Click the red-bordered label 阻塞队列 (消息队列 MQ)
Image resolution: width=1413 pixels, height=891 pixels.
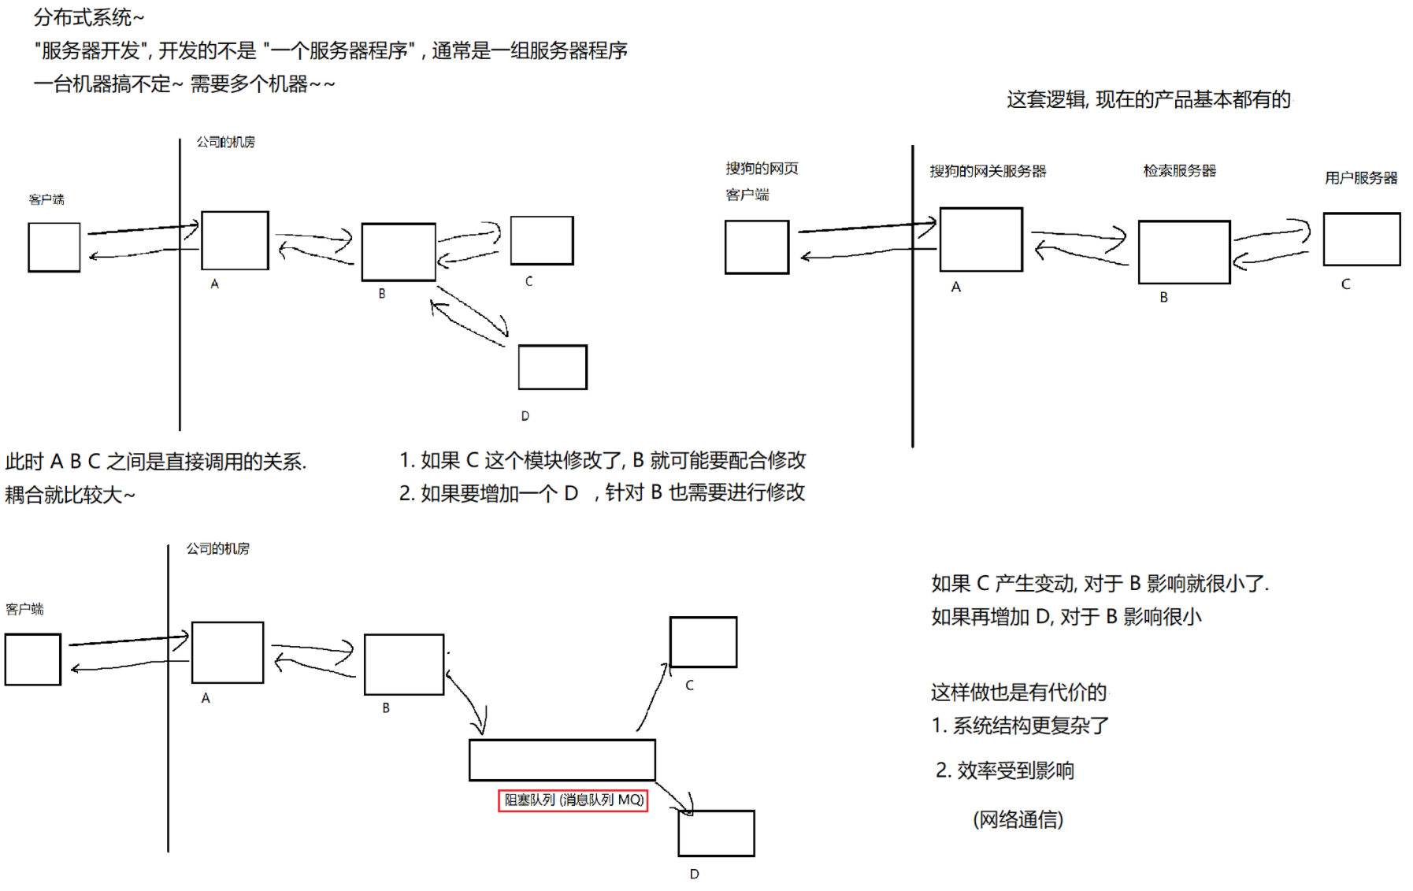click(x=573, y=800)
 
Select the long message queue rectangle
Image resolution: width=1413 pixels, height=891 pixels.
click(x=562, y=760)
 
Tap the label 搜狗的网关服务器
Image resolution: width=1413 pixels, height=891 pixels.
click(x=988, y=171)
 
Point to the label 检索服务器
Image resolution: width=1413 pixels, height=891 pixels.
click(x=1179, y=170)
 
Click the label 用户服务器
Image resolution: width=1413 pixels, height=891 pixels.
click(x=1360, y=178)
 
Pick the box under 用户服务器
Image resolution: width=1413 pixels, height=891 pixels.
click(x=1361, y=239)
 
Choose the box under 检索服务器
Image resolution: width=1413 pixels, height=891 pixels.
click(x=1184, y=252)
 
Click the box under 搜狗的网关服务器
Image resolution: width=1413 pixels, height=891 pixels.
click(x=981, y=239)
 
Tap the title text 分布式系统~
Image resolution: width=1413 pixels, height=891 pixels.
click(x=89, y=17)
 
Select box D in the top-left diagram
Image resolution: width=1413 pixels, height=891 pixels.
click(x=552, y=367)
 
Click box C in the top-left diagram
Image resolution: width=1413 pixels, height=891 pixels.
click(x=542, y=240)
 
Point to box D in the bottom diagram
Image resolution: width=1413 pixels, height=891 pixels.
click(x=716, y=833)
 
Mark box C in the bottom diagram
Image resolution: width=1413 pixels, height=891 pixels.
click(x=703, y=642)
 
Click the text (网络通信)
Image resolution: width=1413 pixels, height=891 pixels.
click(x=1018, y=819)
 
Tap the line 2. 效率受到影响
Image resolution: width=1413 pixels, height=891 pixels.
click(x=1004, y=770)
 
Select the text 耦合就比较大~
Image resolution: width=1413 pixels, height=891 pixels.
click(x=70, y=495)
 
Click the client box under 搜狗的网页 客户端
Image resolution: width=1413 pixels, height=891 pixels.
click(x=756, y=247)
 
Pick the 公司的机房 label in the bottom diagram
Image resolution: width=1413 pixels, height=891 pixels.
click(x=217, y=548)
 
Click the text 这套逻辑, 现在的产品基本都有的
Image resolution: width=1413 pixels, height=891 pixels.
click(x=1148, y=99)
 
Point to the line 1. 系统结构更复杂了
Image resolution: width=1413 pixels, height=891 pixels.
click(x=1020, y=726)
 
